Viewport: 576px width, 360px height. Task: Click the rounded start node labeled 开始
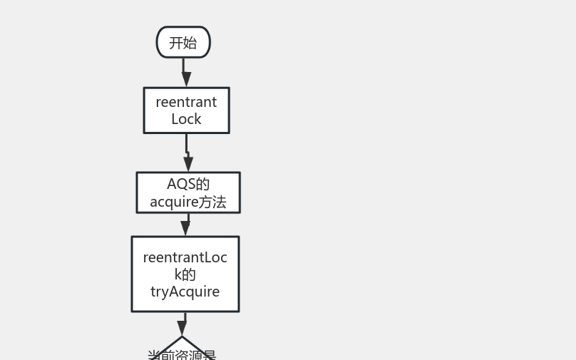click(183, 42)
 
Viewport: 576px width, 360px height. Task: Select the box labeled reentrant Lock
click(186, 110)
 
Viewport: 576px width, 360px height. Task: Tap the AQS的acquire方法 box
click(188, 192)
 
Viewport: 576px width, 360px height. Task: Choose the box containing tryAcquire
click(185, 274)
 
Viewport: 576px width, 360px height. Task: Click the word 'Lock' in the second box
click(186, 119)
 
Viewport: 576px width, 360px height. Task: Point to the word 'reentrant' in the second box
click(186, 102)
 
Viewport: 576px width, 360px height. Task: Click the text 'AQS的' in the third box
click(188, 184)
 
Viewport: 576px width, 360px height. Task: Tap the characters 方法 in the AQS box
click(212, 202)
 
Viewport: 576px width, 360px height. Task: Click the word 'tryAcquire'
click(185, 292)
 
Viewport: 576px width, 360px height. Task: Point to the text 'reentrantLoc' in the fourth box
click(185, 257)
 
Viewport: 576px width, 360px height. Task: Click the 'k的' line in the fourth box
click(185, 274)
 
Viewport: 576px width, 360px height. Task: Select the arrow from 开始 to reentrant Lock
click(185, 72)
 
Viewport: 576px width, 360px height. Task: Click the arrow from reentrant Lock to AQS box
click(187, 153)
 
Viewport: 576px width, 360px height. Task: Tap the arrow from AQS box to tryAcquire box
click(186, 225)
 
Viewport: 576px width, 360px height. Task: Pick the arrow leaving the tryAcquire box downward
click(183, 324)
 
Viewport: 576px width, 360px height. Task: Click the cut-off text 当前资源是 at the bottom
click(182, 355)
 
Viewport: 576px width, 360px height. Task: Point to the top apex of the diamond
click(182, 337)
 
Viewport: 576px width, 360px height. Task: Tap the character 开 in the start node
click(176, 43)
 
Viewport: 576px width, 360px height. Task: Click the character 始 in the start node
click(190, 43)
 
